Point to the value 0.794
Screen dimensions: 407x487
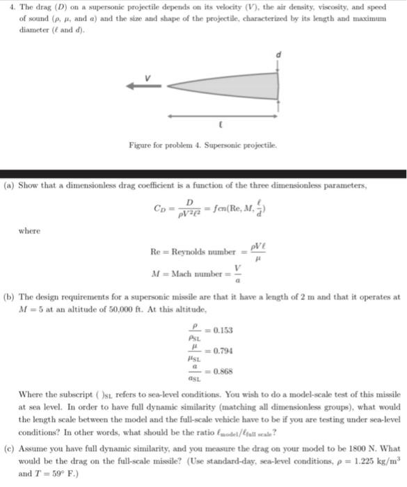click(x=223, y=351)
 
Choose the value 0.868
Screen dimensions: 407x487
click(x=223, y=371)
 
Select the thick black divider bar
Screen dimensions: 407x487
click(x=203, y=173)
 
